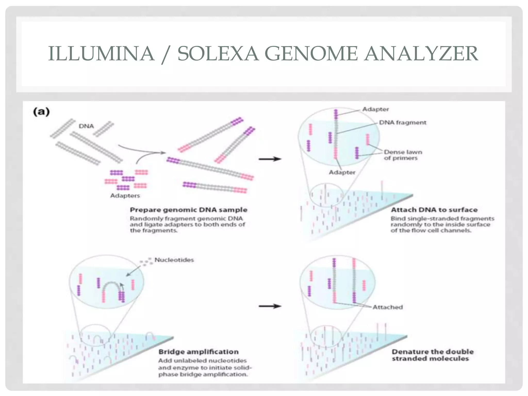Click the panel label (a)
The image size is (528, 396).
pos(41,112)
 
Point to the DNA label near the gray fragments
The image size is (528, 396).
pos(86,126)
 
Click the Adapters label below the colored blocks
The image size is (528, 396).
pos(125,196)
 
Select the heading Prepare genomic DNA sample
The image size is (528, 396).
pos(188,210)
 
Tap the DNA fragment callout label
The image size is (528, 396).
pos(402,122)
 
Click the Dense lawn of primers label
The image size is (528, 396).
pos(403,155)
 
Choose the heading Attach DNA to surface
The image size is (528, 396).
pos(434,210)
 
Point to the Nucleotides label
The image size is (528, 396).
pos(174,260)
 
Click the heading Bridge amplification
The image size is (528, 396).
pos(199,352)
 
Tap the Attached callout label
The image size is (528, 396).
pos(387,307)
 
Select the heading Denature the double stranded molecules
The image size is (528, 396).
pos(433,355)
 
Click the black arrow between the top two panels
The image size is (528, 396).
pos(270,159)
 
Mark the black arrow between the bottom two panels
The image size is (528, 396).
pos(270,306)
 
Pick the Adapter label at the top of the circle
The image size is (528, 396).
pos(375,109)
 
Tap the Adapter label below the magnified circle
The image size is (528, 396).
pos(342,172)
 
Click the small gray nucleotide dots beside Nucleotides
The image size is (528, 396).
pos(146,261)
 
